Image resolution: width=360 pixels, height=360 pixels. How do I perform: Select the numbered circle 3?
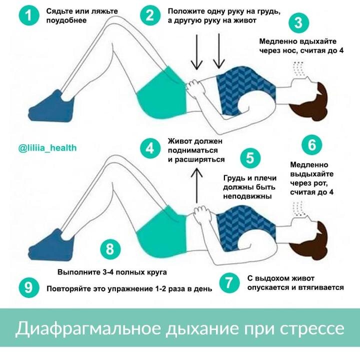(298, 23)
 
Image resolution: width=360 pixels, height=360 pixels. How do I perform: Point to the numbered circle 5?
(249, 158)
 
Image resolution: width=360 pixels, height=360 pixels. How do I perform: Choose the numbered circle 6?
(312, 145)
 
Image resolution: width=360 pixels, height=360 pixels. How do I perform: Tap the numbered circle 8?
(110, 249)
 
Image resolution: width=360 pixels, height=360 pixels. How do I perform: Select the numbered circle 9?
(28, 288)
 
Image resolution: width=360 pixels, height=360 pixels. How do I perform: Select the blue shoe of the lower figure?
(50, 248)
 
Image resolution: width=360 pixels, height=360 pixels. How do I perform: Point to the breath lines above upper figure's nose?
(300, 67)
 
